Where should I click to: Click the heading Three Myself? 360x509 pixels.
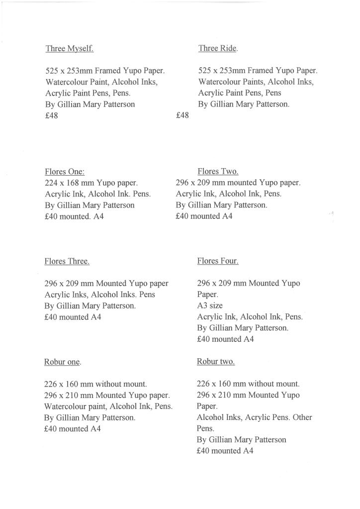70,48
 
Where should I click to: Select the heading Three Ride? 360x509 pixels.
218,48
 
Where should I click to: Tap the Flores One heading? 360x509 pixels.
65,172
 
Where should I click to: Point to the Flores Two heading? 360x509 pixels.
218,172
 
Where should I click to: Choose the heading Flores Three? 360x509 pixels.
67,261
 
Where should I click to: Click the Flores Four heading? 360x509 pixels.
218,261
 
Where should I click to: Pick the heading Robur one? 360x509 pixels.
62,362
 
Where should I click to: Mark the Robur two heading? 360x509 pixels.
215,361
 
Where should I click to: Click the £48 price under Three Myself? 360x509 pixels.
52,116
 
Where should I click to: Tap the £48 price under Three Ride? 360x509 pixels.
182,115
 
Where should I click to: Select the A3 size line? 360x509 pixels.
210,305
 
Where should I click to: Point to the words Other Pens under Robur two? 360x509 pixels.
302,417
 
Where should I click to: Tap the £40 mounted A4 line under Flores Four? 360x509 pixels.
225,339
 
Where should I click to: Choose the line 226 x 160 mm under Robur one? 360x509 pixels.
95,384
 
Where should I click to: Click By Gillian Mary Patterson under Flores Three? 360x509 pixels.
90,306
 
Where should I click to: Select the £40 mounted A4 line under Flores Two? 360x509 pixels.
204,216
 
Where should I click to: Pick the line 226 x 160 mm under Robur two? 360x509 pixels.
248,384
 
